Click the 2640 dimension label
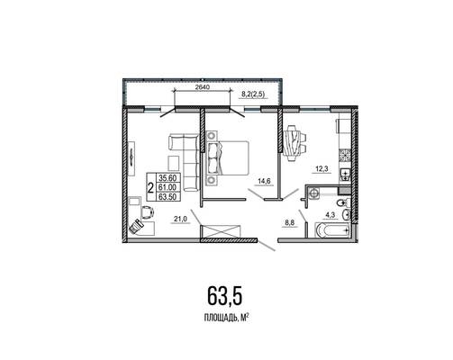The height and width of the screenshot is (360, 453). coord(202,87)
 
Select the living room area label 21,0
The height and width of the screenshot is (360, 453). coord(180,220)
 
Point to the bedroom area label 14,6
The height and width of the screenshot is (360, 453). coord(264,181)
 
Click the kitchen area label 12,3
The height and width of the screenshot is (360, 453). coord(322,169)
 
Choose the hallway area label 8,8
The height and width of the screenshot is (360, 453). coord(290,222)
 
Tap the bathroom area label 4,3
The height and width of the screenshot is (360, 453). coord(331,215)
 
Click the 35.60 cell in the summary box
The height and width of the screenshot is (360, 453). coord(169,178)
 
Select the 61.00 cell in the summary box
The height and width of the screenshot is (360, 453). coord(169,187)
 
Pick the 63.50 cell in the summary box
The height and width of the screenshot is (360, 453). coord(169,196)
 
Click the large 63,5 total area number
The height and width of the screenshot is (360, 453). coord(224,295)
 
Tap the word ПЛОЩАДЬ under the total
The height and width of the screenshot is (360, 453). coord(220,318)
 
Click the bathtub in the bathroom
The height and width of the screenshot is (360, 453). coord(332,230)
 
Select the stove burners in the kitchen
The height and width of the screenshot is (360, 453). coord(345,156)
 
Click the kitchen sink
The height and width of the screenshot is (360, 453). coord(345,175)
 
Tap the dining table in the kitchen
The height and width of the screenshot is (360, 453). coord(294,143)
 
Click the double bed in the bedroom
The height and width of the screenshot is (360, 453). coord(228,158)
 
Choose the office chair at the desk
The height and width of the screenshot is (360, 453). coord(148,211)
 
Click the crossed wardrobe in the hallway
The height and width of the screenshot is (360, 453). coord(221,230)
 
